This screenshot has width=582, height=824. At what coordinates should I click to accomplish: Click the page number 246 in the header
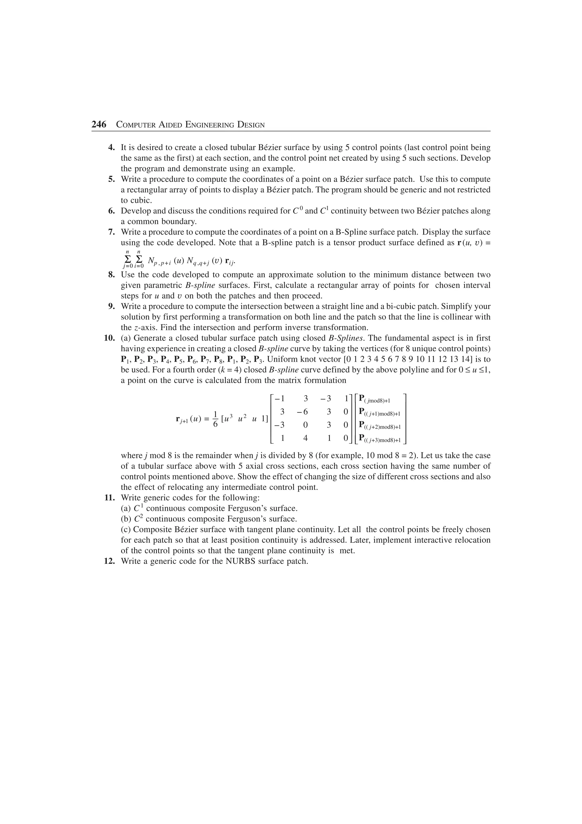[x=99, y=125]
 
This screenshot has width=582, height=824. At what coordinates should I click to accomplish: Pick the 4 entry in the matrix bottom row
[x=305, y=438]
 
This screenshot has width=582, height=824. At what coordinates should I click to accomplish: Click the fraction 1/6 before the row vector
[x=215, y=419]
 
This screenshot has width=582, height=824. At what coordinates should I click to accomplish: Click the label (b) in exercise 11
[x=126, y=519]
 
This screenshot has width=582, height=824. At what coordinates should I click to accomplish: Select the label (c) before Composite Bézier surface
[x=126, y=529]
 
